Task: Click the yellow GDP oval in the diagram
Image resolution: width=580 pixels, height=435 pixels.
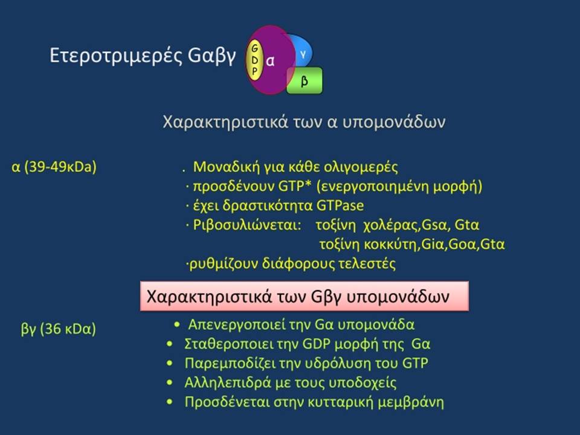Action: (254, 60)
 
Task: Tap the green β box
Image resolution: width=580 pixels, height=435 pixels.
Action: (304, 80)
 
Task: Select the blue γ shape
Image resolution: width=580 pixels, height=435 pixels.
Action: (301, 52)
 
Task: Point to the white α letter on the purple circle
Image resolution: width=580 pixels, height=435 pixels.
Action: (271, 60)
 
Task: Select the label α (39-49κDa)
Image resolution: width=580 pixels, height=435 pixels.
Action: (54, 167)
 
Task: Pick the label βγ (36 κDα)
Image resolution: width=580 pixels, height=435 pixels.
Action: (59, 329)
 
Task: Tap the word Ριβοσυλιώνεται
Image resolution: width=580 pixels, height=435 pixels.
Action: (247, 225)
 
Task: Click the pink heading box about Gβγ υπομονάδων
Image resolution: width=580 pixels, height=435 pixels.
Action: (304, 296)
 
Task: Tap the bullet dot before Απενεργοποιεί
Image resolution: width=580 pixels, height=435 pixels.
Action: (177, 325)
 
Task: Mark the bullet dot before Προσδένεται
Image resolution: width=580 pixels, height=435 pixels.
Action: (170, 402)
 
